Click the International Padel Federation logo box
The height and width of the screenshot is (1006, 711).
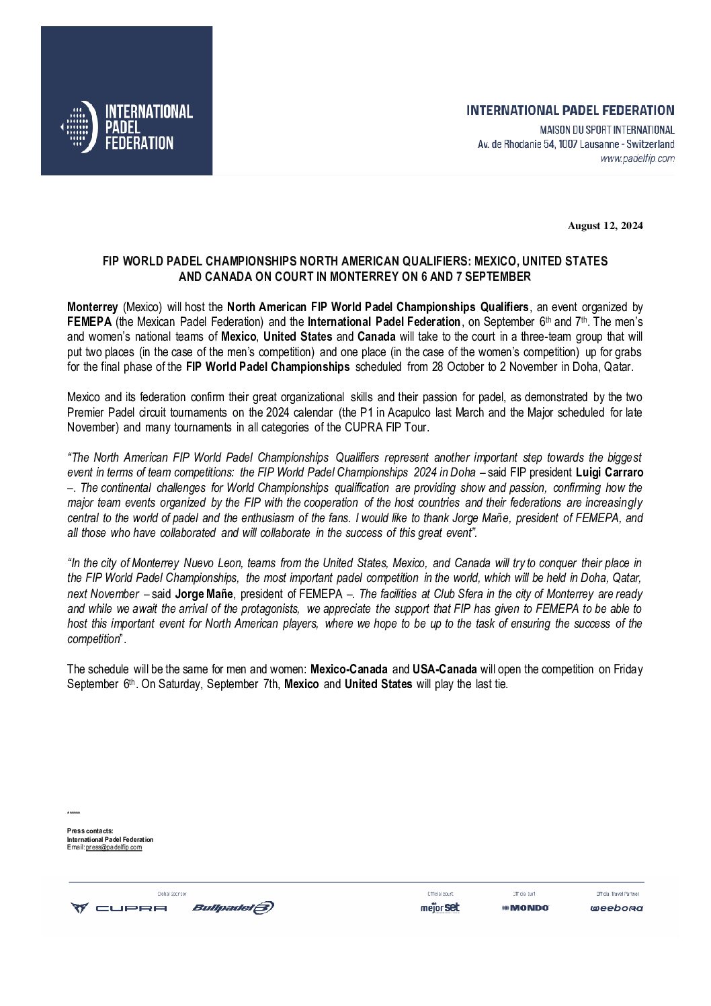tap(126, 101)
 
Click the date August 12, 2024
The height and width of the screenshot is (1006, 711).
tap(605, 226)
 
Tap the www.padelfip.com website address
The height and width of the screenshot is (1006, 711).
tap(637, 159)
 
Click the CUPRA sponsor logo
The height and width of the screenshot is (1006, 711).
tap(119, 908)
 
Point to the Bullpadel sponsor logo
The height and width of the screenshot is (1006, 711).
tap(233, 908)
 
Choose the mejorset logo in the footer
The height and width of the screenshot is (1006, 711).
tap(440, 908)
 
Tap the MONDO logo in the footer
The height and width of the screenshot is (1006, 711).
tap(525, 908)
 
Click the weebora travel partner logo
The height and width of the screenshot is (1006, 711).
tap(616, 908)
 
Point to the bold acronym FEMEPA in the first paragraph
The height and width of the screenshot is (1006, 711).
tap(89, 321)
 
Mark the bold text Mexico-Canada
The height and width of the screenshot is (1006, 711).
tap(348, 669)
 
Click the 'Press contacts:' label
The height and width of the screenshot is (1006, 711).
tap(90, 831)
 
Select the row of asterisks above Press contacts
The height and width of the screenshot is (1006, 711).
tap(73, 814)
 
